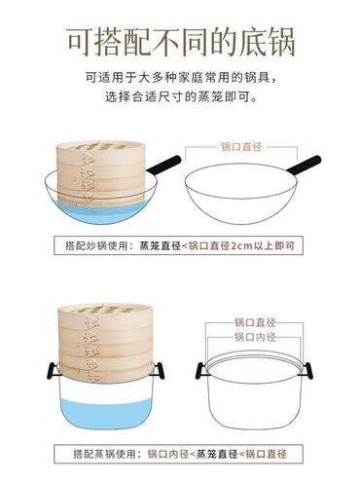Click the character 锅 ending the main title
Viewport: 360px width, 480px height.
pos(281,42)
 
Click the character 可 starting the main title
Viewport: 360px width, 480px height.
pos(80,42)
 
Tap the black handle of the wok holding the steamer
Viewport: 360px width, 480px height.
pos(163,165)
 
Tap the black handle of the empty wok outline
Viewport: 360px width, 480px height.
pos(304,165)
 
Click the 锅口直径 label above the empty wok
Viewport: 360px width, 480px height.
pos(241,147)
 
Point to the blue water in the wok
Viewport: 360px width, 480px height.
pos(100,211)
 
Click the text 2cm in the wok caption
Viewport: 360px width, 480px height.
pos(241,245)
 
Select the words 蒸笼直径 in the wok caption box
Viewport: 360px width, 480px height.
pos(160,245)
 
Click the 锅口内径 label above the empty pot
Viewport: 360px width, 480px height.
pos(255,337)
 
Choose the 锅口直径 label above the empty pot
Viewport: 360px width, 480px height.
pos(255,322)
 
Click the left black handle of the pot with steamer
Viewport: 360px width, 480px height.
pos(52,371)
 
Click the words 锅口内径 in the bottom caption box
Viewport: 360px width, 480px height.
pos(168,454)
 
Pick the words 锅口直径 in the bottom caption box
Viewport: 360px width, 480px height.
pos(267,454)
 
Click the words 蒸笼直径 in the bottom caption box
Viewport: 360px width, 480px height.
pos(218,454)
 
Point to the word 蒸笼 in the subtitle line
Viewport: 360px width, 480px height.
pos(211,96)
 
